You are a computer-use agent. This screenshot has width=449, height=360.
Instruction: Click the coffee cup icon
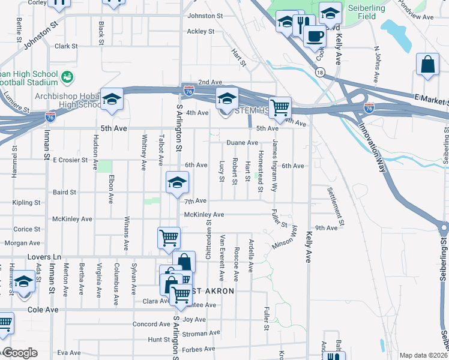click(313, 35)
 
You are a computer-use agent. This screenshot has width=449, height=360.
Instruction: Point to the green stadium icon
click(67, 77)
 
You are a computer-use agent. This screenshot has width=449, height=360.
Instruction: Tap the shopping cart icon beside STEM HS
click(280, 109)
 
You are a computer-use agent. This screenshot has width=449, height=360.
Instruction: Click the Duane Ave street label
click(243, 143)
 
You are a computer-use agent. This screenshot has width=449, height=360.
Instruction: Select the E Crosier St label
click(70, 160)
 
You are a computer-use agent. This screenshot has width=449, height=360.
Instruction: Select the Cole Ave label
click(43, 310)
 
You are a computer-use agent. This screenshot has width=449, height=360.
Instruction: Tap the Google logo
click(20, 353)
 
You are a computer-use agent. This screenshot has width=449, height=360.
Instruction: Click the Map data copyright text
click(423, 355)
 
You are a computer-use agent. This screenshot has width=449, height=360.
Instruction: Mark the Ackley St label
click(200, 31)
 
